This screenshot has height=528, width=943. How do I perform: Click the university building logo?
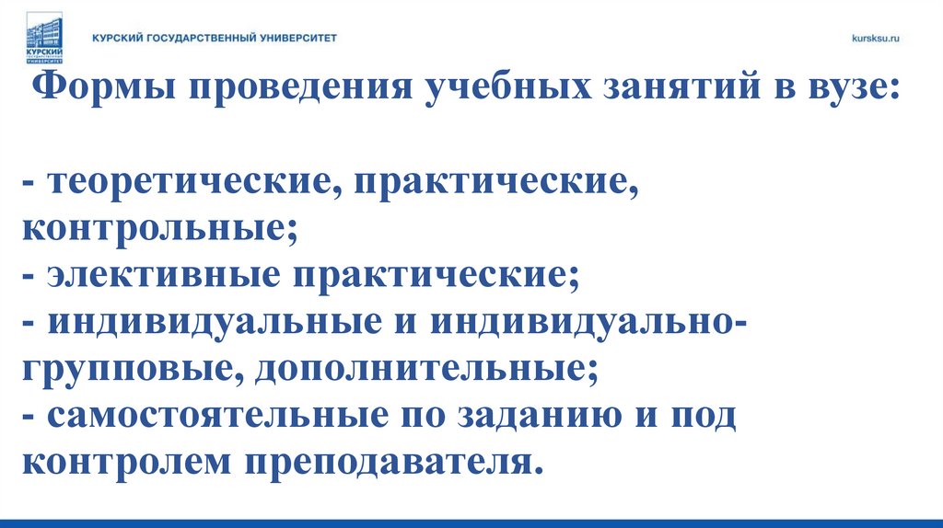click(43, 38)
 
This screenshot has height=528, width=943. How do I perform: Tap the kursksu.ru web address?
click(875, 39)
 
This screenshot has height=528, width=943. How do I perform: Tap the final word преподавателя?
click(388, 462)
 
